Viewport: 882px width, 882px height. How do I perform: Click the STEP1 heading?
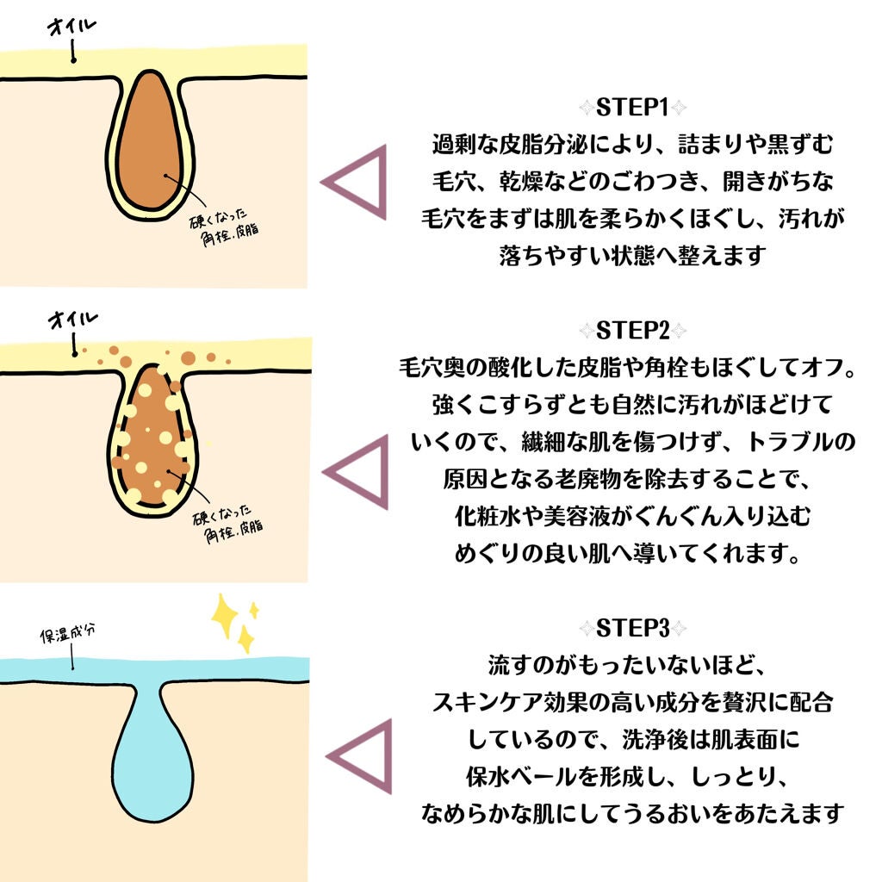coord(632,109)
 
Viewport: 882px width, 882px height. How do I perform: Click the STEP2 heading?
coord(632,332)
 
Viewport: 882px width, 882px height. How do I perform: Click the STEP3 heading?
coord(632,628)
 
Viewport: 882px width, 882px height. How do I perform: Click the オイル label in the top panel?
coord(72,28)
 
